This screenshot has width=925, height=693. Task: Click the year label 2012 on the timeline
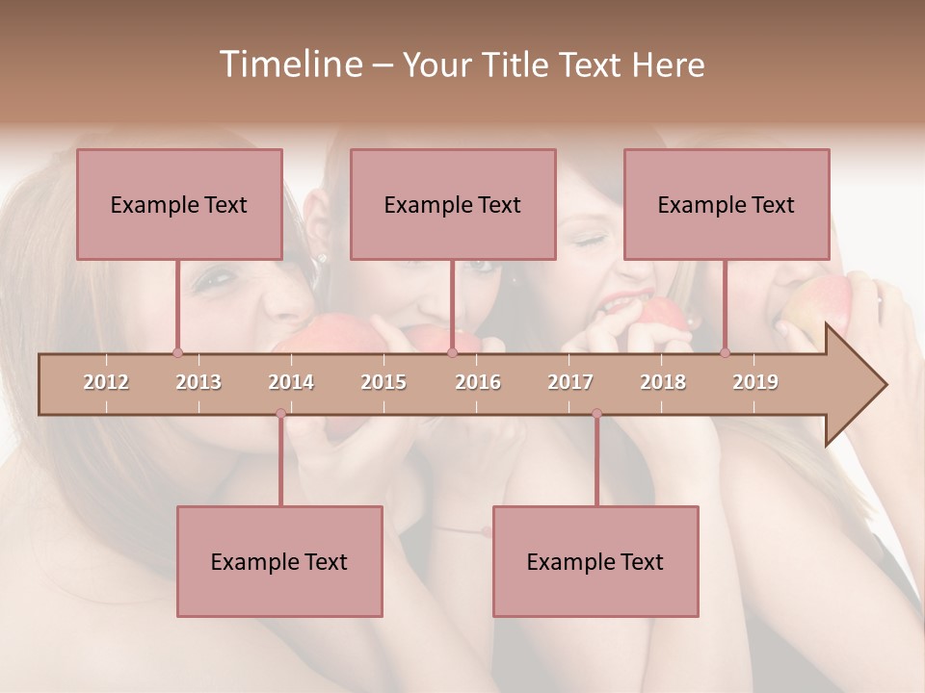106,382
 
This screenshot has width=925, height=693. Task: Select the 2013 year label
198,382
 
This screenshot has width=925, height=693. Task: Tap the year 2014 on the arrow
291,382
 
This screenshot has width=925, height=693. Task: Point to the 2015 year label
383,382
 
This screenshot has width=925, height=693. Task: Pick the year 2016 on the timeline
478,382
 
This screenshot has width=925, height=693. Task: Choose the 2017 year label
570,382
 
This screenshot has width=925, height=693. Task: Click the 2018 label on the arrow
663,382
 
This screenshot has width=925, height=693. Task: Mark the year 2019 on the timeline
755,382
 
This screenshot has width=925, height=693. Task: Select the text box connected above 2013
179,204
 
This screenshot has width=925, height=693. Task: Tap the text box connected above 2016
453,204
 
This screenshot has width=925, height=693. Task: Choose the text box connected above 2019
727,204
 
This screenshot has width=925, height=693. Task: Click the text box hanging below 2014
279,561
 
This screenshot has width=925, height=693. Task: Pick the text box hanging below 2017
595,561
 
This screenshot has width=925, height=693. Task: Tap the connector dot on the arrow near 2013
177,353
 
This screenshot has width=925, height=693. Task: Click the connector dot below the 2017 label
596,414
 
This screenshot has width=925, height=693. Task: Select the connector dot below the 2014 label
280,414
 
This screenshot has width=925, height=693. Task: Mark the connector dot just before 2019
726,353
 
